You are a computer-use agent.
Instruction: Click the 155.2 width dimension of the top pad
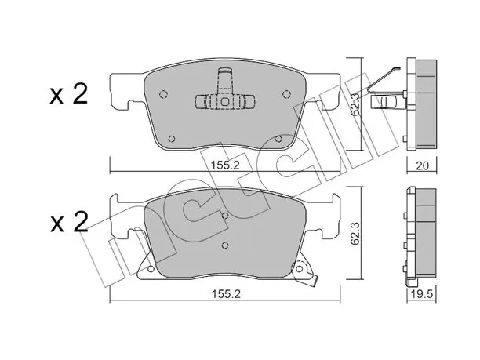coord(225,165)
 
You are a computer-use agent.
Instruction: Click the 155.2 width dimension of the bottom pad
coord(226,294)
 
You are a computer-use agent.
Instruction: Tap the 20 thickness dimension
coord(422,165)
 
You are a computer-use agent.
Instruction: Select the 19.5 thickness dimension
coord(421,294)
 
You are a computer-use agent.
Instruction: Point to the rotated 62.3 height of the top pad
coord(355,105)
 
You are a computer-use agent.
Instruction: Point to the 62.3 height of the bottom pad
coord(355,234)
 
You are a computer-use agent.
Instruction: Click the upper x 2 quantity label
coord(69,93)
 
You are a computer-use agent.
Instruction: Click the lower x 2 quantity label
coord(69,222)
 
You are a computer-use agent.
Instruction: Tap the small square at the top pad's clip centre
coord(225,101)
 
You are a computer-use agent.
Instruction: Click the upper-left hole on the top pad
coord(164,95)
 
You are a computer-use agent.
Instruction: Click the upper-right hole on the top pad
coord(286,95)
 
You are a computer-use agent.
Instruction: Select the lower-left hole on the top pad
coord(172,139)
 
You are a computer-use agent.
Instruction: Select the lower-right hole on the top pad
coord(278,139)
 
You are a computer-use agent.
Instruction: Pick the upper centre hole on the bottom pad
coord(225,216)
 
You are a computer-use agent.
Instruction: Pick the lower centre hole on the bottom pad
coord(225,245)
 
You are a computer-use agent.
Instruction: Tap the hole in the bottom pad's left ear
coord(151,269)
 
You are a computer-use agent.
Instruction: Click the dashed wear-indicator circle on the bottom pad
coord(300,269)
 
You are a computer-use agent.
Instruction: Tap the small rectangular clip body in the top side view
coord(384,102)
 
